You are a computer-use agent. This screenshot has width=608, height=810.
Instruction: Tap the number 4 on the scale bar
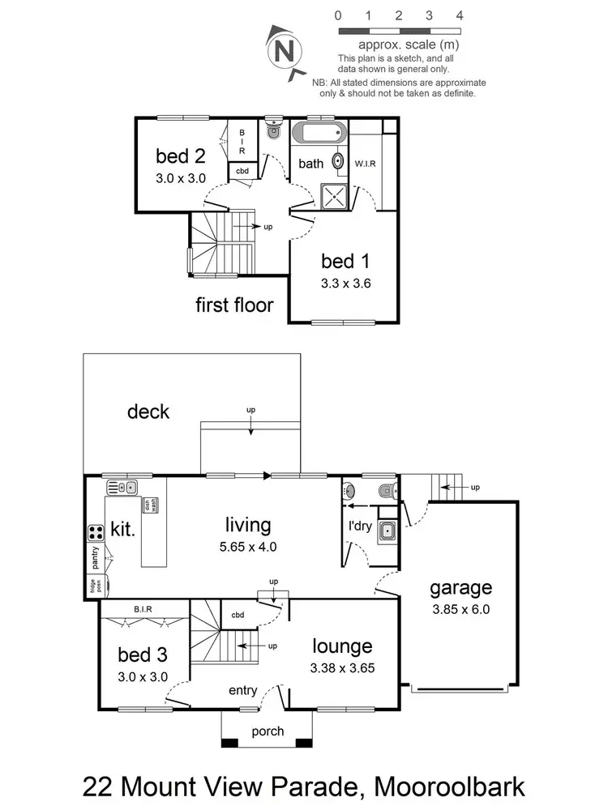coord(460,15)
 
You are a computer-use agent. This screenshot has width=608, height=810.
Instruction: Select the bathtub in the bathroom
coord(319,134)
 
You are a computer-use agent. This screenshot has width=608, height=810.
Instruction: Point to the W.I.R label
coord(366,164)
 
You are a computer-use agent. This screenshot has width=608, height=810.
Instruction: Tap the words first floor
coord(234,305)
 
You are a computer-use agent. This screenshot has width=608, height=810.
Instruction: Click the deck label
coord(148,411)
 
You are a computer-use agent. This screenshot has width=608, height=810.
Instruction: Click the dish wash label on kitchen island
coord(150,505)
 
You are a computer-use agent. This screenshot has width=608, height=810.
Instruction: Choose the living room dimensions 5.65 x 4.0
coord(247,546)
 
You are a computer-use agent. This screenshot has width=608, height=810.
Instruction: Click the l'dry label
coord(359,526)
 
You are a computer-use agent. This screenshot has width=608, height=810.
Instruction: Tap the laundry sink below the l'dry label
coord(386,531)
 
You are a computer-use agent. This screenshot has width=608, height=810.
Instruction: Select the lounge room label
coord(343,646)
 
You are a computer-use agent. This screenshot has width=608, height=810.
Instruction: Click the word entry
coord(243,690)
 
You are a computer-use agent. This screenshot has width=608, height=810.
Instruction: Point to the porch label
coord(268,731)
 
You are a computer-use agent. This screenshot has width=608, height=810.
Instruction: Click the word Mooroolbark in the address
coord(434,786)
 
